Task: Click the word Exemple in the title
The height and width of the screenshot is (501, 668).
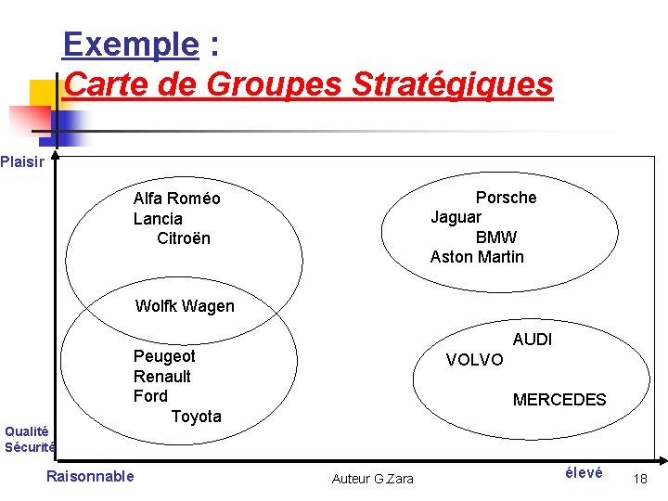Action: point(131,44)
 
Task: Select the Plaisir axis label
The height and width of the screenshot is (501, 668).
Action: point(22,162)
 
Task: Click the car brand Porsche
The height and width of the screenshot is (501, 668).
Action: point(506,198)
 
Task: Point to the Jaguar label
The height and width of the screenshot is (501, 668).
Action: point(456,217)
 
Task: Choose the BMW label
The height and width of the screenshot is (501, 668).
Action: point(496,238)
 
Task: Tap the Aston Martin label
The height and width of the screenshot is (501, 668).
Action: point(477,257)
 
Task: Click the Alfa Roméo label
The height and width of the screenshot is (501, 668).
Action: point(176,199)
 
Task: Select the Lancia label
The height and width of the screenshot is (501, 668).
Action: point(158,219)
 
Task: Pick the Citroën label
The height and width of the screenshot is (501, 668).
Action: point(184,238)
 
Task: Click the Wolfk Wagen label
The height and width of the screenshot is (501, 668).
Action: point(185,306)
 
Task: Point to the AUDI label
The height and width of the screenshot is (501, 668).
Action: point(533,340)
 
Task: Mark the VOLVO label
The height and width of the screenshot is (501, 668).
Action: point(475,360)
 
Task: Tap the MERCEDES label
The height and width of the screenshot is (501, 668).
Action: point(559,400)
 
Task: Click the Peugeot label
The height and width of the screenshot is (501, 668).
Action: point(164,356)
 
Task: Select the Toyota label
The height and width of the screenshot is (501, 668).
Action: point(197,417)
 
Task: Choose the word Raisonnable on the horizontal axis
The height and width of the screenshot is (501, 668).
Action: point(90,477)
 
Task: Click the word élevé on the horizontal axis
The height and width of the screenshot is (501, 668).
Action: point(584,473)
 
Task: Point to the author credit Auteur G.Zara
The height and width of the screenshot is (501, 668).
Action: point(373,479)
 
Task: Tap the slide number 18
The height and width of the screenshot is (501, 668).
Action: point(639,479)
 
